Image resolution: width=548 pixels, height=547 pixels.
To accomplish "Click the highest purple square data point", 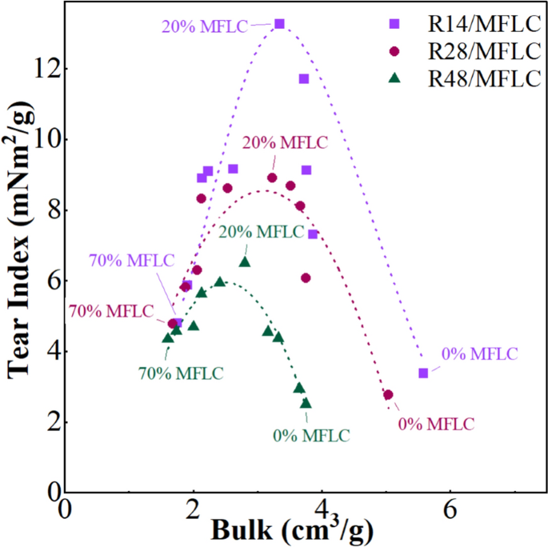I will [279, 24].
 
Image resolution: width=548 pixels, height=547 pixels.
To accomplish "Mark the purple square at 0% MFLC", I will [423, 373].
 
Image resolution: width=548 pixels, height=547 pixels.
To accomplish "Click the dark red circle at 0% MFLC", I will [388, 394].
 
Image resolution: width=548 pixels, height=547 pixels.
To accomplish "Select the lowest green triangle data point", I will [306, 403].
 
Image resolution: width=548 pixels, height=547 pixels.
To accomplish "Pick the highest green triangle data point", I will [245, 262].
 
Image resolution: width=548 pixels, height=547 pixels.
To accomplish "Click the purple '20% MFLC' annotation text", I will [204, 25].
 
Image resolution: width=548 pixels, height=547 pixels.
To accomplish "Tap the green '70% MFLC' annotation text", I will [181, 372].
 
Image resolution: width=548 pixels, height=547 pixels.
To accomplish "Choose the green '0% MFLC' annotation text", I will [311, 436].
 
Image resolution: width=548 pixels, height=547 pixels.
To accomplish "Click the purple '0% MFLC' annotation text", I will [479, 353].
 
